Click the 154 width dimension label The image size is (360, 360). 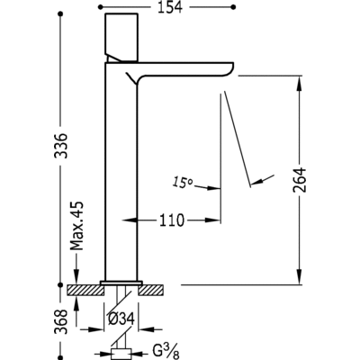click(x=170, y=7)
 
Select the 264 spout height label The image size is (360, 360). click(x=300, y=180)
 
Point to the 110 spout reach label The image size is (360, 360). click(x=171, y=220)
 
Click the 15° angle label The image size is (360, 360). click(x=183, y=182)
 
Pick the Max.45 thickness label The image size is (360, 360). click(x=76, y=226)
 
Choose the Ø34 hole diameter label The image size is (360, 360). click(x=121, y=319)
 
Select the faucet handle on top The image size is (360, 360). click(x=121, y=37)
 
